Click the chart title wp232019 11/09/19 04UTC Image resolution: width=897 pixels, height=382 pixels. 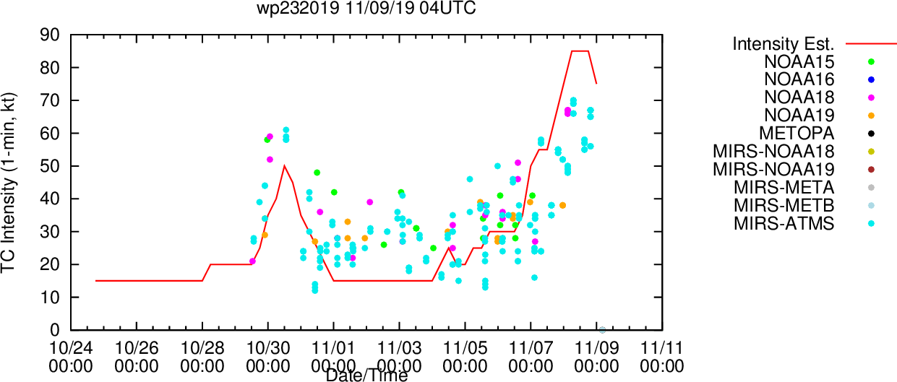click(366, 8)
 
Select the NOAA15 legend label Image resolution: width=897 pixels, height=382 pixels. click(799, 61)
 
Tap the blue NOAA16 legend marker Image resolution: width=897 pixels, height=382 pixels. click(871, 79)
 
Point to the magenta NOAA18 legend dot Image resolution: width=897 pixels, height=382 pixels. click(871, 97)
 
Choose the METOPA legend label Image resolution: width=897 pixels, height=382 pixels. click(797, 133)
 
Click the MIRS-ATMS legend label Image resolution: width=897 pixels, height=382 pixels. click(784, 223)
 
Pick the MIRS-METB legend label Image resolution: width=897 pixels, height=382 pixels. click(784, 205)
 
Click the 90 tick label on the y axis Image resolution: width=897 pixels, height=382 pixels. click(50, 35)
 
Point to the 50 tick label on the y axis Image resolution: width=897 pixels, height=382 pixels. click(50, 166)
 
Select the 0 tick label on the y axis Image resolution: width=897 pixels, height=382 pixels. click(55, 330)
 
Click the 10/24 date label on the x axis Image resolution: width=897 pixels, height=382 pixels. click(71, 348)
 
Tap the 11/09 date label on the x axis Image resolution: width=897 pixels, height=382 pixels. click(596, 348)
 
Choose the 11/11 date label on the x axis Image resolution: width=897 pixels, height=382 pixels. click(662, 348)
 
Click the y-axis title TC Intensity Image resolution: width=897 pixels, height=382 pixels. click(8, 183)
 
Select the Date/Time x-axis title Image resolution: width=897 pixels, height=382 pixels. click(366, 376)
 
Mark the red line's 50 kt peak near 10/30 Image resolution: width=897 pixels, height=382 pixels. click(284, 166)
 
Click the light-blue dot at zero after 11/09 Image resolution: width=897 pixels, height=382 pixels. click(602, 330)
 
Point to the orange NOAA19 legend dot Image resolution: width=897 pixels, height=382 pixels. click(871, 116)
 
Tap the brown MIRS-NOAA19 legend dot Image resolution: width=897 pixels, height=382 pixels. click(871, 170)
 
